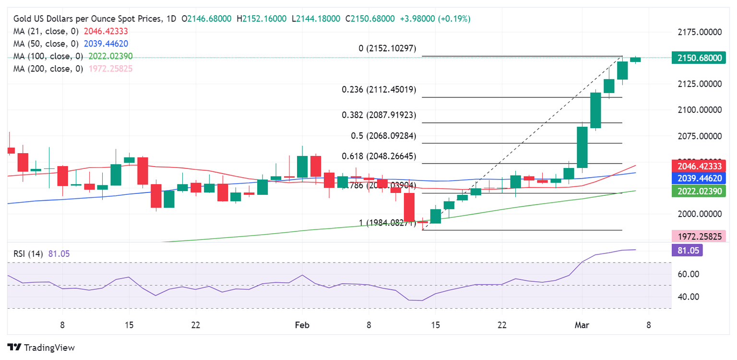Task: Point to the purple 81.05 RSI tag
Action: (x=689, y=251)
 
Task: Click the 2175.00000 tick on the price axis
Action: (x=699, y=32)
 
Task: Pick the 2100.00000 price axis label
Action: (x=699, y=110)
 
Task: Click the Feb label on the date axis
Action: (x=302, y=325)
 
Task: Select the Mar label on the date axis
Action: (x=582, y=325)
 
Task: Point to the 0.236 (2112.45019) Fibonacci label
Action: (x=379, y=90)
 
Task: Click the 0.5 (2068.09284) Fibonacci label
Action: (x=383, y=136)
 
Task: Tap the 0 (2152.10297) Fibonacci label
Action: (x=387, y=48)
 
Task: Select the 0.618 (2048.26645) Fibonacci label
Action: (x=379, y=156)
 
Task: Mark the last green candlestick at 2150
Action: (x=635, y=60)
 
